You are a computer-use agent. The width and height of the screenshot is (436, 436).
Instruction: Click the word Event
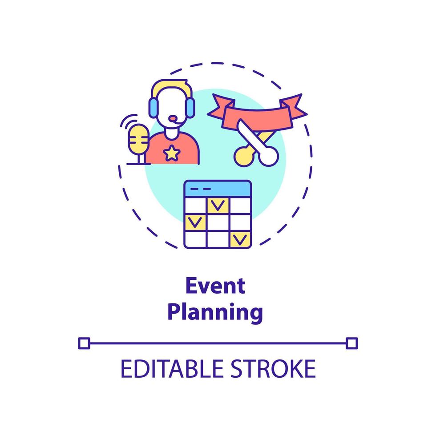click(x=215, y=286)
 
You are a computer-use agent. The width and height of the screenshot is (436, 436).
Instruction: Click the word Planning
click(x=215, y=313)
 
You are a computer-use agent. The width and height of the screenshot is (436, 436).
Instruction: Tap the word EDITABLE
click(x=172, y=369)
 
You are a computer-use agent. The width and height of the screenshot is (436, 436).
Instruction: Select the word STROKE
click(x=273, y=369)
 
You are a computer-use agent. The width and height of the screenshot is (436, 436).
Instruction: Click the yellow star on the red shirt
click(x=172, y=153)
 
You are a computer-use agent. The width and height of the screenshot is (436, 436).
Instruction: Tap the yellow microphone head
click(x=138, y=139)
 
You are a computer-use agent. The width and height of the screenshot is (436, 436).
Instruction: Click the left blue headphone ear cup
click(x=153, y=108)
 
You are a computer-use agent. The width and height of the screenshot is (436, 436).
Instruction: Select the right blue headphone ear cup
click(x=190, y=108)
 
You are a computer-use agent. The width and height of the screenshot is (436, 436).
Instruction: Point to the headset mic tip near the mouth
click(x=173, y=119)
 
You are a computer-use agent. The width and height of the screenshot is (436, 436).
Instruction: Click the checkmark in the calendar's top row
click(x=218, y=206)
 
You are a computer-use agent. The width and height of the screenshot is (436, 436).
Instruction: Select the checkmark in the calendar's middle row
click(x=195, y=222)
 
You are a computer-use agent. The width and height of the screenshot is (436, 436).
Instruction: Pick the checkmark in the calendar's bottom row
click(x=240, y=239)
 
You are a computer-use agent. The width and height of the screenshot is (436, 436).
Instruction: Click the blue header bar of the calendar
click(x=218, y=189)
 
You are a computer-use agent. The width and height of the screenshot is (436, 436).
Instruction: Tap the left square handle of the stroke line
click(x=84, y=343)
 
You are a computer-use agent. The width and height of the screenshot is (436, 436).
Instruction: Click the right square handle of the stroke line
click(x=352, y=343)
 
